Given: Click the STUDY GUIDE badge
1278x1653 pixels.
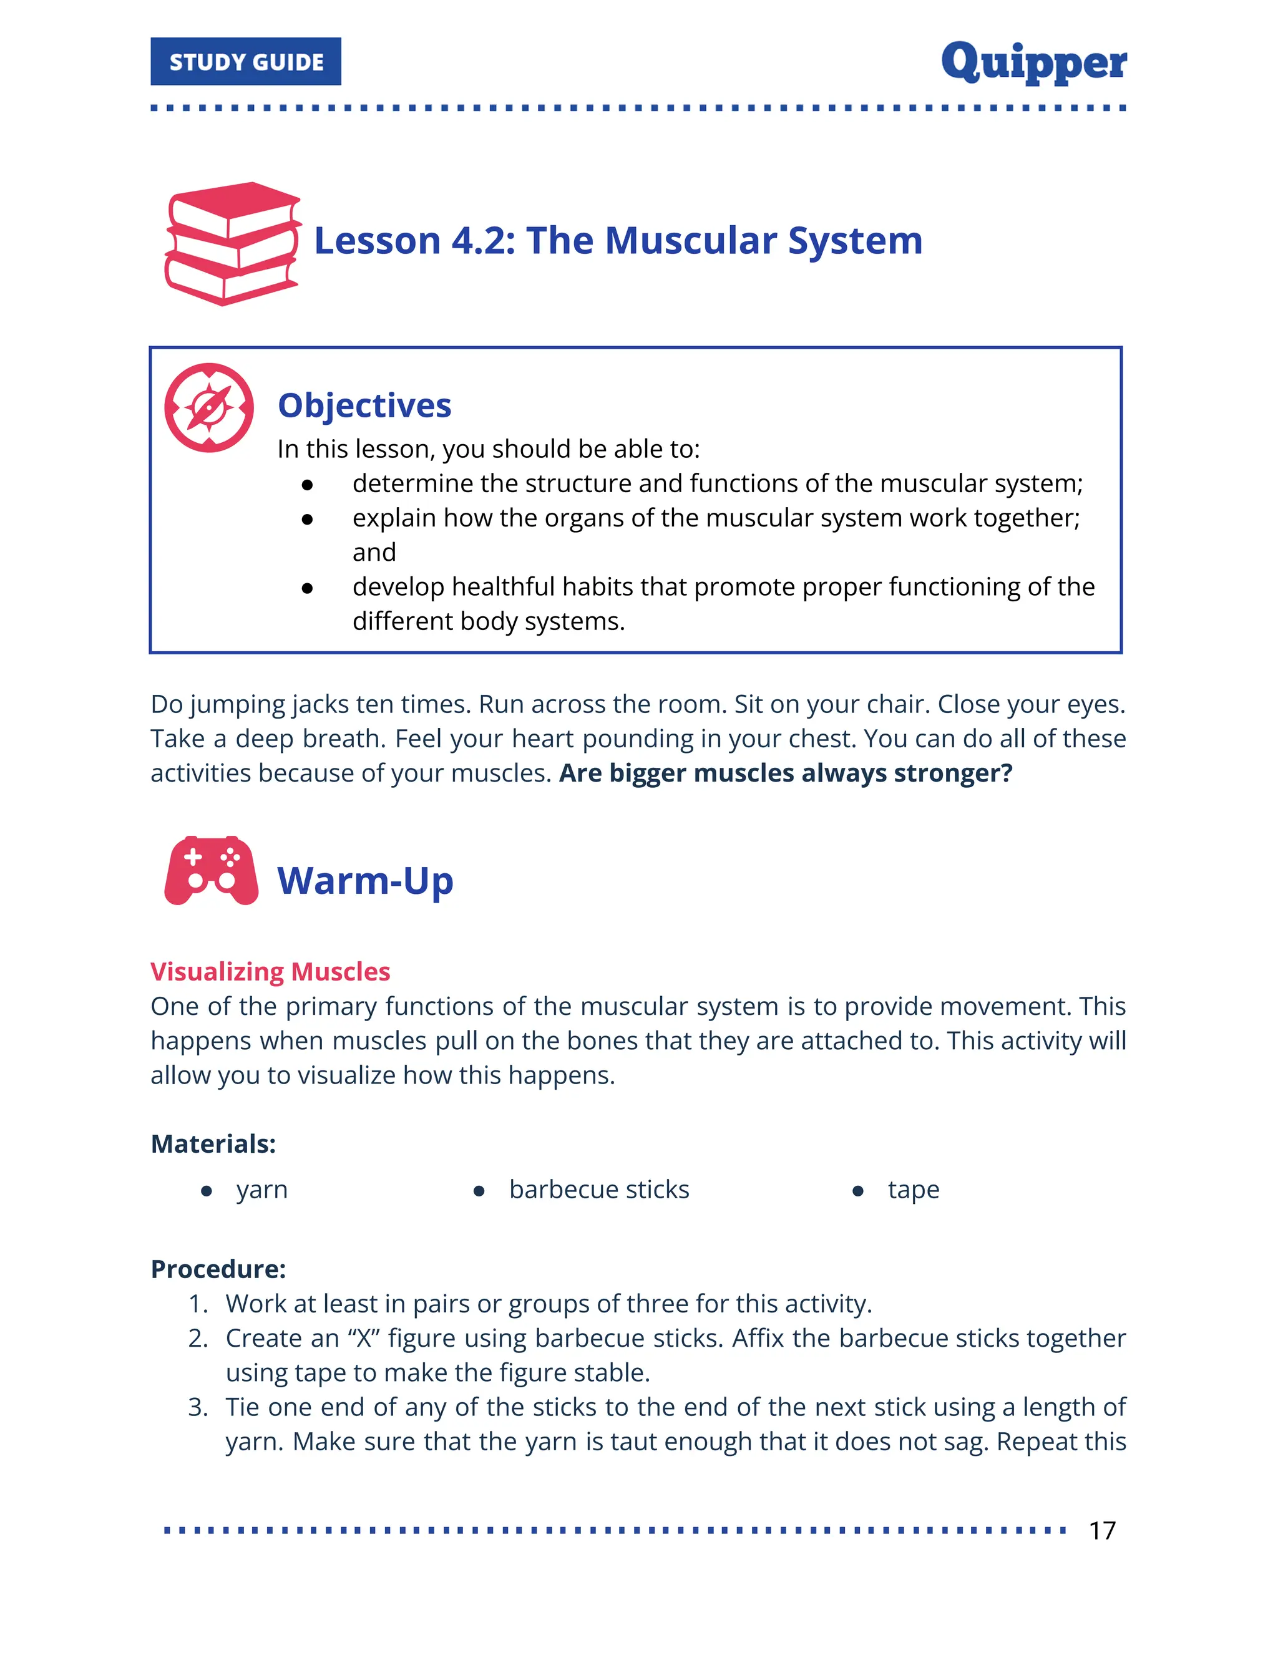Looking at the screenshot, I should [x=245, y=61].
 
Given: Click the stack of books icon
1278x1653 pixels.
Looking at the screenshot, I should [x=232, y=244].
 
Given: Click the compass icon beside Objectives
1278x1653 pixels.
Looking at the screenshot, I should [x=209, y=408].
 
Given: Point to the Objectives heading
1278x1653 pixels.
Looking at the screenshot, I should [x=364, y=405].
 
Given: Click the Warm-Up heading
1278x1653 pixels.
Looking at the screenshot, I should [x=365, y=881].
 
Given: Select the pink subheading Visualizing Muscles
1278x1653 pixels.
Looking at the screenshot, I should [x=270, y=971].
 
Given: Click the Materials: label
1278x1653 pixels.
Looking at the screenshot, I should [x=213, y=1143].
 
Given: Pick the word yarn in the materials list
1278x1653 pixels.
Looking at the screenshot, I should [x=262, y=1190].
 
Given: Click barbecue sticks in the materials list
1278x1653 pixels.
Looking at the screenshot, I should [x=599, y=1190].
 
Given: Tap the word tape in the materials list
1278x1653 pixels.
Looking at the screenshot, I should [x=913, y=1190].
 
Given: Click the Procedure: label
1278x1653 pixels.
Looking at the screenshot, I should [x=218, y=1269].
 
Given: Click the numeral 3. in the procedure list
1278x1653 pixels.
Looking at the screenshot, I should [x=198, y=1407].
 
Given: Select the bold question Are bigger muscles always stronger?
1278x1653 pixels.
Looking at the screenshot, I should [x=785, y=773].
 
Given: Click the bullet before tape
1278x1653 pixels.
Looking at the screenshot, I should [x=858, y=1191].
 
